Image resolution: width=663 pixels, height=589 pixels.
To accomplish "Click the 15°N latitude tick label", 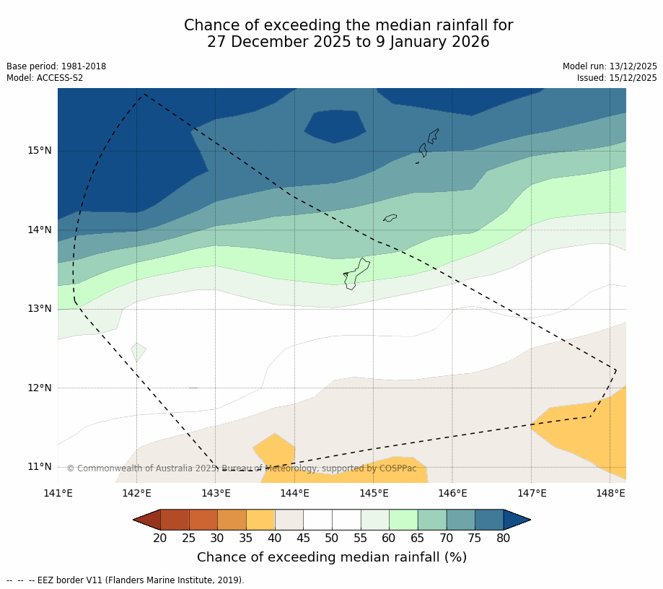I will [40, 151].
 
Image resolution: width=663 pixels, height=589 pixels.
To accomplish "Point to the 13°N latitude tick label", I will [40, 309].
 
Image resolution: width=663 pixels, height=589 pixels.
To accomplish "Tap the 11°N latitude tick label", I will [40, 466].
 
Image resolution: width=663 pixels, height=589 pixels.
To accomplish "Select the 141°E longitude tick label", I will [58, 494].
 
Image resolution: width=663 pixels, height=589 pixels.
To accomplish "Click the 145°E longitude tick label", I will [374, 494].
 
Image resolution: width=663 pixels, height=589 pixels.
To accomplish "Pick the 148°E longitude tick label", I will [610, 494].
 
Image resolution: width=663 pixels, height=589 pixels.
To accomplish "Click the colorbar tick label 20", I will [160, 538].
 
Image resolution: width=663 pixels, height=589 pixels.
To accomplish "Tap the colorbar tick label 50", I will [332, 538].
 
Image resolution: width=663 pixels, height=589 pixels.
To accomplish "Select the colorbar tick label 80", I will [503, 538].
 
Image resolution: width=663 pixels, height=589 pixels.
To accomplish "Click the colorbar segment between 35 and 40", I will [260, 520].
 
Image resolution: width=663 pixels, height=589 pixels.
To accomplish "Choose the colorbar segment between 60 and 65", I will [403, 520].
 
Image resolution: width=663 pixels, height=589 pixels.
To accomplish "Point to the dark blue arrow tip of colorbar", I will [517, 520].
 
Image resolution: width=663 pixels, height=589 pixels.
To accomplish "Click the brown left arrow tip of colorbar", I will [146, 520].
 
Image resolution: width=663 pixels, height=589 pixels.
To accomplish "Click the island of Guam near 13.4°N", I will [356, 274].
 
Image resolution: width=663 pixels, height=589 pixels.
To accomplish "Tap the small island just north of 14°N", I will [390, 217].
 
